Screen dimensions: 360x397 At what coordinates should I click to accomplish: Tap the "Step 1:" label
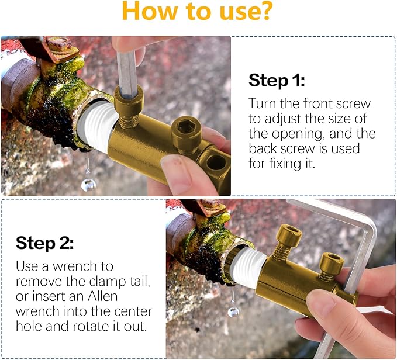tap(278, 80)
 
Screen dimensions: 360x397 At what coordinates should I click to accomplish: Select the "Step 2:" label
tap(44, 243)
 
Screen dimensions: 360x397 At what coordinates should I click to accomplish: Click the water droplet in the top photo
tap(88, 185)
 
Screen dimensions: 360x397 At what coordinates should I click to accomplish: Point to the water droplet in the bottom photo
tap(233, 311)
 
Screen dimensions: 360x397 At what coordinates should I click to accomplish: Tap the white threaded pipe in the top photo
tap(98, 128)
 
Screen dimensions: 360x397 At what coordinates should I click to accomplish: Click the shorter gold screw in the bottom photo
tap(332, 264)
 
